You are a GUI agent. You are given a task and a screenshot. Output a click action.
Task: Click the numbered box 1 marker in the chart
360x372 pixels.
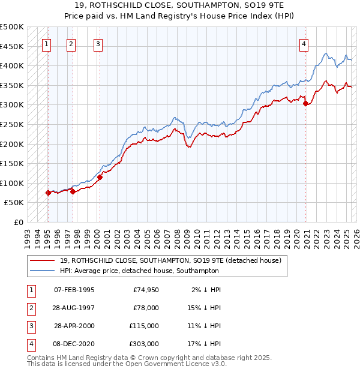[x=47, y=43]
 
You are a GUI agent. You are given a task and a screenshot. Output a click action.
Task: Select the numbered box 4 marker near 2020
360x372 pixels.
[x=304, y=43]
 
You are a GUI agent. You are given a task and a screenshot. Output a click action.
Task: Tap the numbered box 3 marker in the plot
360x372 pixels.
[x=98, y=43]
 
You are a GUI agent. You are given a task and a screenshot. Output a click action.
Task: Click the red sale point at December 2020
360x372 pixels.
[x=306, y=103]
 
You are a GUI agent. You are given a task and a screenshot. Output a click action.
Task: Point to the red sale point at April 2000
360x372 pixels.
[x=100, y=177]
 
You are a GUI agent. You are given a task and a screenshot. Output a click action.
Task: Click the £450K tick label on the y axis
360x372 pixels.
[x=12, y=46]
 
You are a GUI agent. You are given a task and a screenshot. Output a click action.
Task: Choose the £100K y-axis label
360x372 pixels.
[x=12, y=183]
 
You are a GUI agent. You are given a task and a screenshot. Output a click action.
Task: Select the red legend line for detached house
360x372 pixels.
[x=42, y=260]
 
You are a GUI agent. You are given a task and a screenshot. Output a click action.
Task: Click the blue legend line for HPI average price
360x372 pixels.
[x=42, y=271]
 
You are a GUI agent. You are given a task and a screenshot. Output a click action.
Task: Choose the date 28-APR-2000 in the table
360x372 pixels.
[x=74, y=326]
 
